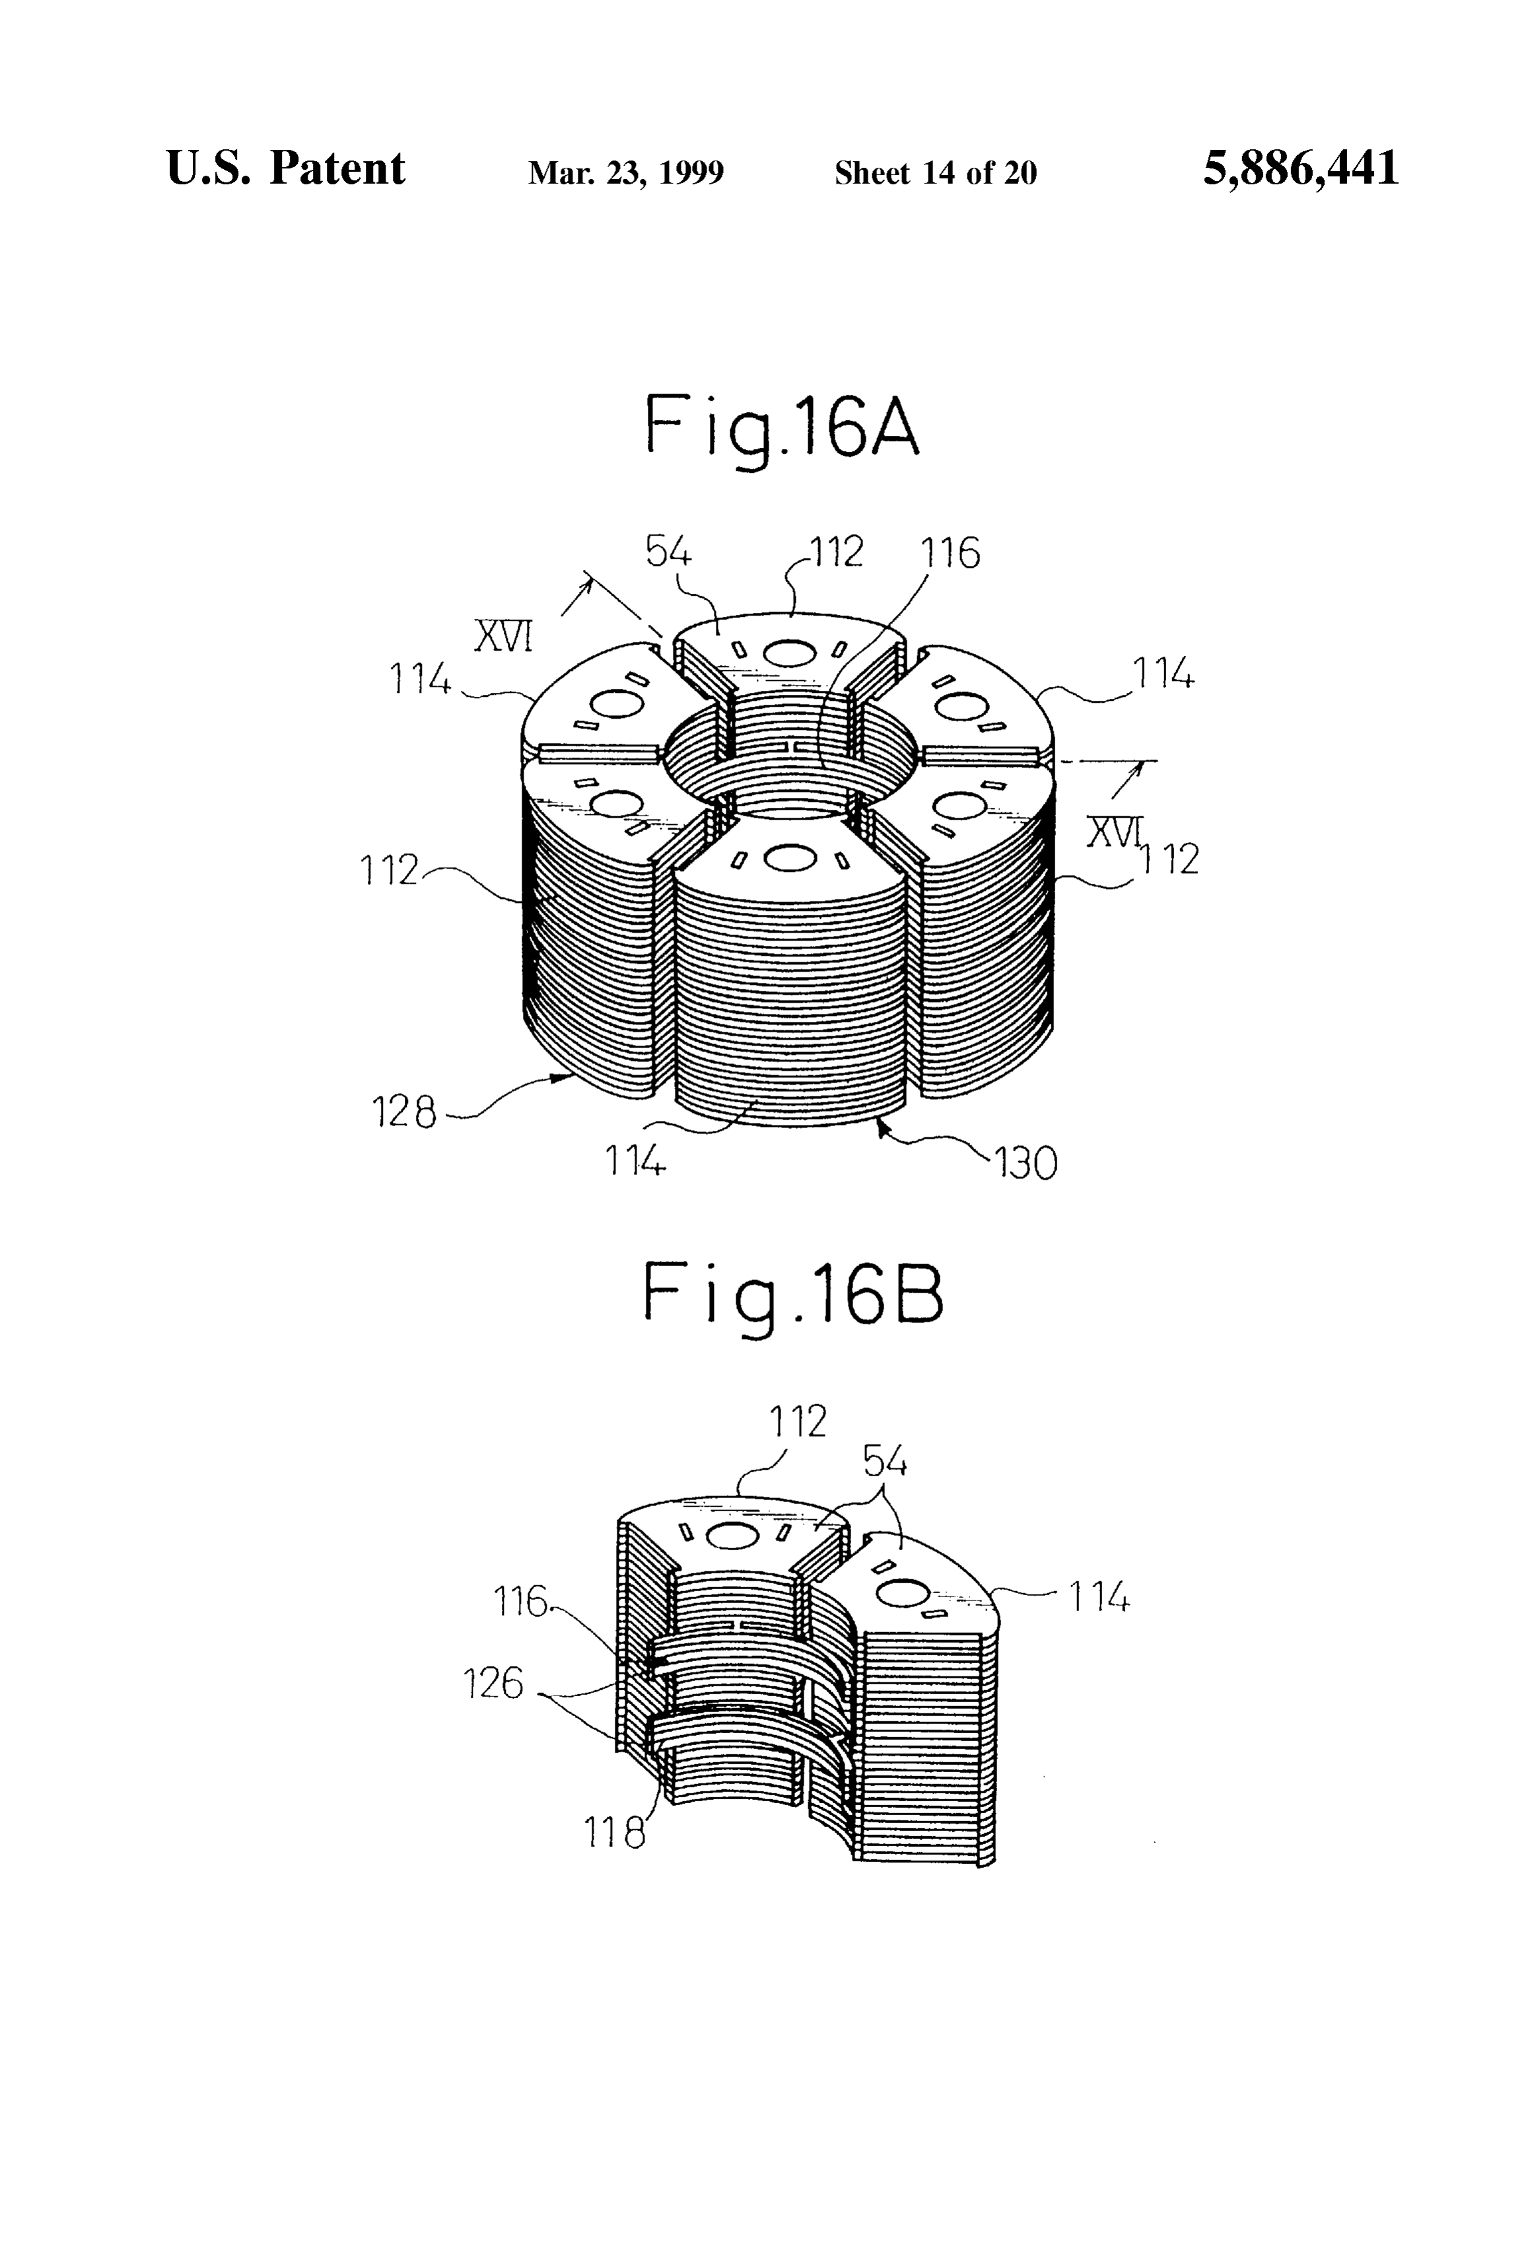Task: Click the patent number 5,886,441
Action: coord(1301,168)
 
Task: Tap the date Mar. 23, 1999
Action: coord(625,173)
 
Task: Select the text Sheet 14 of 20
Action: coord(936,173)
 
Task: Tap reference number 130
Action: coord(1026,1163)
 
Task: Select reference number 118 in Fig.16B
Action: coord(614,1832)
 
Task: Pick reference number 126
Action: coord(495,1684)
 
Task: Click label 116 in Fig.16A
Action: coord(950,553)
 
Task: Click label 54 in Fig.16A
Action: coord(669,553)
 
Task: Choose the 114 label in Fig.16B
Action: coord(1099,1596)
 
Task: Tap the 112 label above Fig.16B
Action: coord(798,1422)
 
